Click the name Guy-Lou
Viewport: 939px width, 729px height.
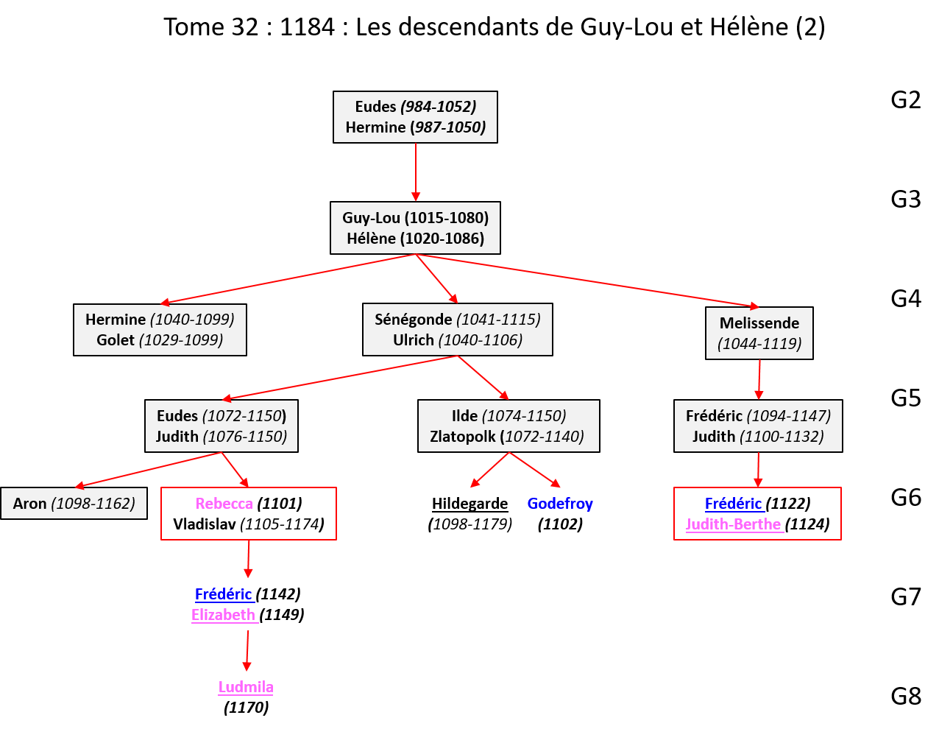tap(371, 218)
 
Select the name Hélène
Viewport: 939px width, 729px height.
tap(371, 239)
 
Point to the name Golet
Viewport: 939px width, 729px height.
tap(116, 340)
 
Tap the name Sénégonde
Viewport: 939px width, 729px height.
tap(413, 320)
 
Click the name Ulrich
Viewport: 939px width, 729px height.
tap(413, 340)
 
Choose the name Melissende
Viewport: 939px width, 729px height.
tap(759, 323)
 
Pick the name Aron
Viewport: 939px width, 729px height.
tap(29, 504)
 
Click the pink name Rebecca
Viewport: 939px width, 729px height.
tap(224, 504)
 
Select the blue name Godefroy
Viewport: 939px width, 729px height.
tap(560, 504)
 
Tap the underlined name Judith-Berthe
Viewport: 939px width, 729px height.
tap(733, 524)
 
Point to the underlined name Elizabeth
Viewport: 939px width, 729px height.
tap(223, 615)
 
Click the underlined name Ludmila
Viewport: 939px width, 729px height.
tap(246, 687)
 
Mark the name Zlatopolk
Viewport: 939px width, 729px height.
tap(462, 437)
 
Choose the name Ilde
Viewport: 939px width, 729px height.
tap(464, 416)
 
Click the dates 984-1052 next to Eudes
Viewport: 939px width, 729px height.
tap(439, 107)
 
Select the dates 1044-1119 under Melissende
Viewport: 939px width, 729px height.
tap(759, 344)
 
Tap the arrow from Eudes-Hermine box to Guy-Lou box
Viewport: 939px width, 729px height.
tap(416, 172)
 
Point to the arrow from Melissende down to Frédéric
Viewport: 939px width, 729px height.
tap(759, 379)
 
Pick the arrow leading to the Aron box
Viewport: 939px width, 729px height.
tap(147, 470)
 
